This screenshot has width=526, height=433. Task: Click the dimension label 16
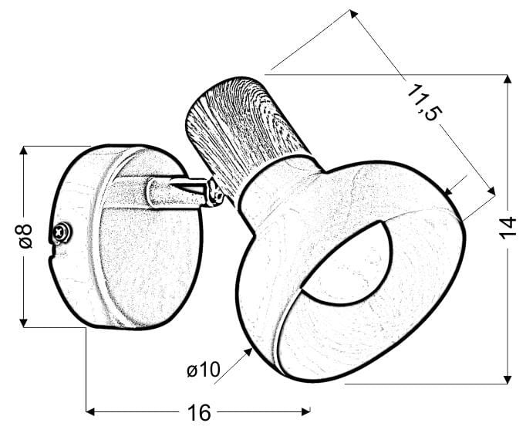click(x=199, y=412)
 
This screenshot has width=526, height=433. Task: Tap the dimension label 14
click(x=508, y=228)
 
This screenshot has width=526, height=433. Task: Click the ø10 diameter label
click(x=204, y=370)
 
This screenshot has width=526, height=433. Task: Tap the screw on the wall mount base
click(x=62, y=232)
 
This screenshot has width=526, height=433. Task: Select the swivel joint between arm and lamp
click(x=214, y=193)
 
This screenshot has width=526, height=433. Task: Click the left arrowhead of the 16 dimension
click(x=90, y=411)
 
